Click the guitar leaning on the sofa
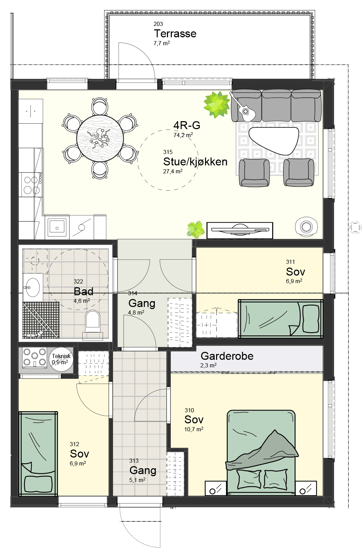click(243, 107)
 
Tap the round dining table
click(100, 139)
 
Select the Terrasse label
click(175, 33)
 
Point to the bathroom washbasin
click(33, 288)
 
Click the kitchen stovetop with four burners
click(32, 184)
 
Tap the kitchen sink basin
click(57, 228)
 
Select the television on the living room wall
click(240, 230)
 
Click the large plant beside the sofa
click(216, 104)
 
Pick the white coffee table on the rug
click(274, 140)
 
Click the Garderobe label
click(227, 356)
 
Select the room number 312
click(74, 444)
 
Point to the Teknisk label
click(61, 356)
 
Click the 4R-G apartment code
click(187, 125)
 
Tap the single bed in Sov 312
click(38, 454)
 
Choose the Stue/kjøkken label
click(195, 162)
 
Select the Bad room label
click(84, 291)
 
